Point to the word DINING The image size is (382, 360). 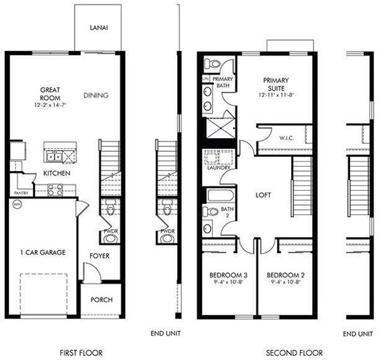pyautogui.click(x=96, y=95)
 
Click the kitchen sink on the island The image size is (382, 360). pyautogui.click(x=53, y=157)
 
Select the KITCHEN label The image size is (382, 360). pyautogui.click(x=57, y=173)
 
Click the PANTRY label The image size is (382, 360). pyautogui.click(x=21, y=193)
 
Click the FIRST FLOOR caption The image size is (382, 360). pyautogui.click(x=82, y=353)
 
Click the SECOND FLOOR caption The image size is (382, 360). pyautogui.click(x=294, y=353)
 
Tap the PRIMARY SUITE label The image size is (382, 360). pyautogui.click(x=276, y=83)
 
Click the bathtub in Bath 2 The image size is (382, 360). pyautogui.click(x=217, y=196)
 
